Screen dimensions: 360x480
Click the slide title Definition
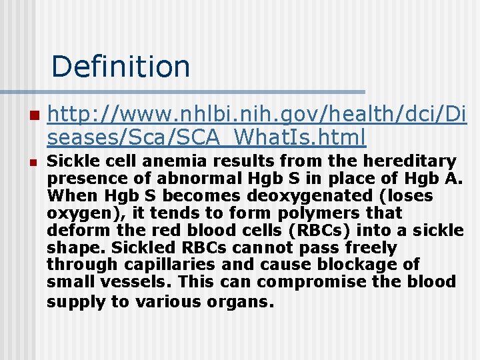(120, 66)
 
